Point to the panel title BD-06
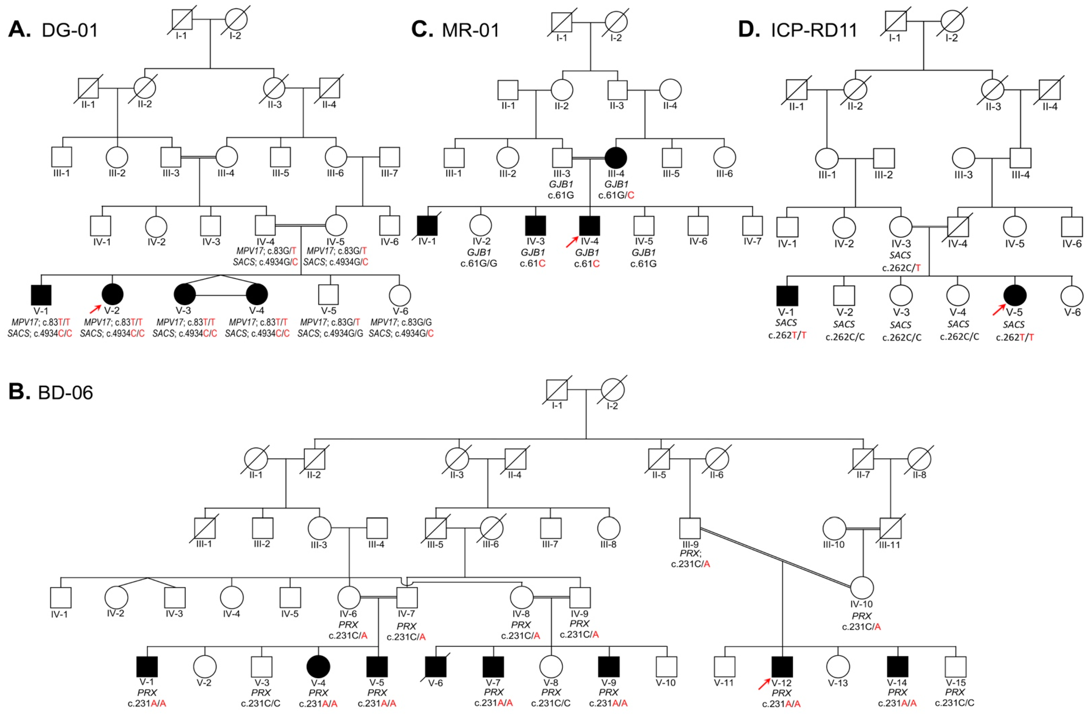pos(66,393)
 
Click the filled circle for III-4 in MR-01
pos(616,157)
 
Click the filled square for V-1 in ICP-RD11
pos(787,296)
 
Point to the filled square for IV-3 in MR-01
pos(535,226)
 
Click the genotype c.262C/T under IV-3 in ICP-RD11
pos(901,267)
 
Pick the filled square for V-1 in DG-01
pos(41,295)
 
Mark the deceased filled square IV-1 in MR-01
pos(427,226)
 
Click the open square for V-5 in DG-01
pos(328,295)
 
